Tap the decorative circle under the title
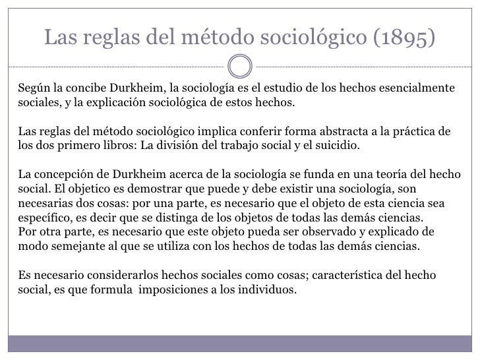click(x=240, y=65)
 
